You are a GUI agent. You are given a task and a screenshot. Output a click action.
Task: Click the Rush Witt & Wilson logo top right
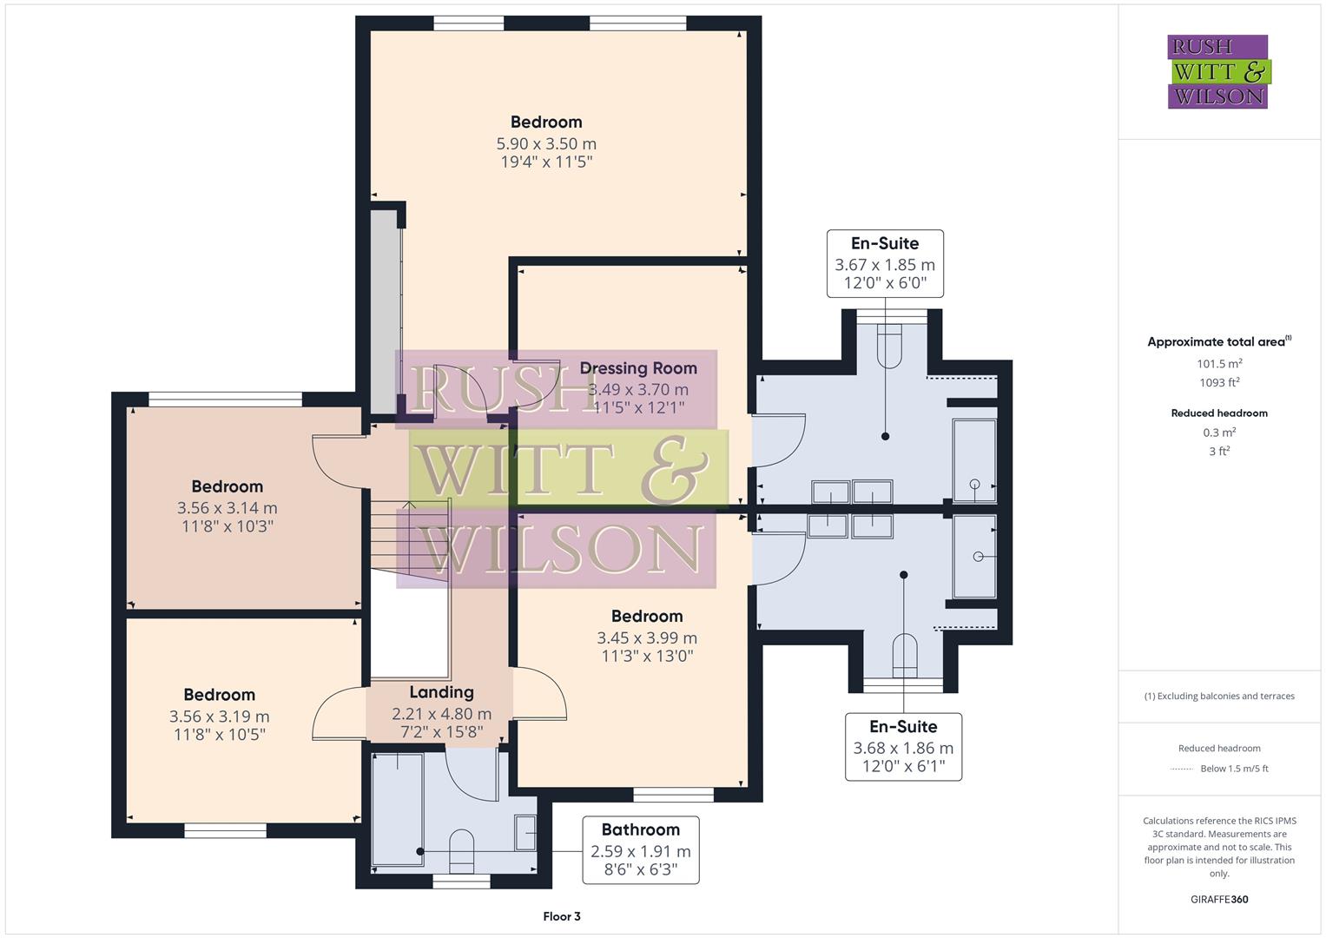[x=1217, y=71]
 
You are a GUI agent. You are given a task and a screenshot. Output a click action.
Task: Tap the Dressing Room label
[x=638, y=368]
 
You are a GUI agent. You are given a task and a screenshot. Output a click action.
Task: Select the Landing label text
[x=441, y=692]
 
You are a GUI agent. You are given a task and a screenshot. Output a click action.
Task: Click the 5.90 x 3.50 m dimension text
[x=546, y=143]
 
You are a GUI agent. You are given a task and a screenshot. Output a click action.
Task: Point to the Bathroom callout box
[x=640, y=849]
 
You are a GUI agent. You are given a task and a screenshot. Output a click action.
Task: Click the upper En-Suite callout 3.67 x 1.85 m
[x=885, y=264]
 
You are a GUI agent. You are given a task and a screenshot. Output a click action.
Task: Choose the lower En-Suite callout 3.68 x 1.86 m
[x=903, y=747]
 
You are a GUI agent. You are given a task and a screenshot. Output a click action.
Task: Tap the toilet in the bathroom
[x=461, y=851]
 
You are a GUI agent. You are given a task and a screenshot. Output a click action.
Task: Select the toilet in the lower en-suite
[x=904, y=655]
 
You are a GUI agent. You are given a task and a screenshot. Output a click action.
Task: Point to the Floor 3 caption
[x=562, y=916]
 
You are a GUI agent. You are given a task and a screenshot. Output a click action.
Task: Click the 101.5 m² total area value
[x=1219, y=364]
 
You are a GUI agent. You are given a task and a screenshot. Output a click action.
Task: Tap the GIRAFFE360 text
[x=1219, y=899]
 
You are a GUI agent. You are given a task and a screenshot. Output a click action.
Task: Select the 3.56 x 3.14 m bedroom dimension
[x=228, y=508]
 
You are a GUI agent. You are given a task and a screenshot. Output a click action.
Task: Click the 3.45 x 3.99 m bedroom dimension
[x=647, y=637]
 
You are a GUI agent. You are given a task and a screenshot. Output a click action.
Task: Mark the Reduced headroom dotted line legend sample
[x=1182, y=769]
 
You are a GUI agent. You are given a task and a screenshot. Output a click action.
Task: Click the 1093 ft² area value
[x=1219, y=382]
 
